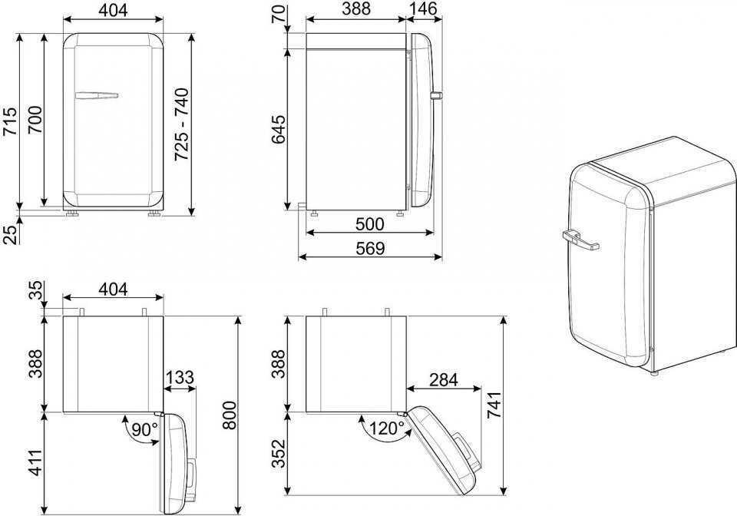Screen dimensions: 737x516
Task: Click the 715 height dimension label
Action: pyautogui.click(x=10, y=121)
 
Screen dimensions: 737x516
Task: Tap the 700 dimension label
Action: pyautogui.click(x=35, y=119)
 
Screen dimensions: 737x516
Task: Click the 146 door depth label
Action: pyautogui.click(x=422, y=8)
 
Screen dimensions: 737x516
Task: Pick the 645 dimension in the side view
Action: pyautogui.click(x=277, y=129)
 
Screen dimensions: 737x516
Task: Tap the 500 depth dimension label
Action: pyautogui.click(x=369, y=224)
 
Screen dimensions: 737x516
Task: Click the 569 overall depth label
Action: pyautogui.click(x=370, y=248)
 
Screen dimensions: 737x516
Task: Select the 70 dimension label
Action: pyautogui.click(x=278, y=13)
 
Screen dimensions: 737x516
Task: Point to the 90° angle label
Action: pyautogui.click(x=144, y=429)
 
